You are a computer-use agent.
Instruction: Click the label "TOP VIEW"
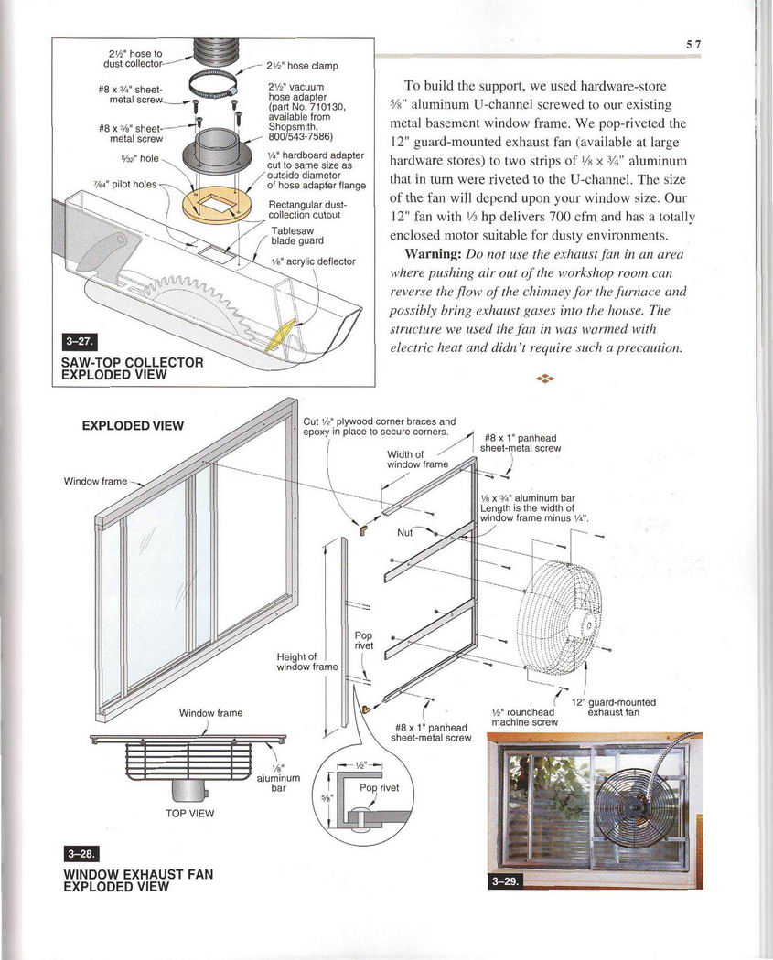point(189,812)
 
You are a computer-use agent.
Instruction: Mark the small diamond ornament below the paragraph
point(545,378)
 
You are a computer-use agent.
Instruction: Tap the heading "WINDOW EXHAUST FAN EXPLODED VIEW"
point(137,880)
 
